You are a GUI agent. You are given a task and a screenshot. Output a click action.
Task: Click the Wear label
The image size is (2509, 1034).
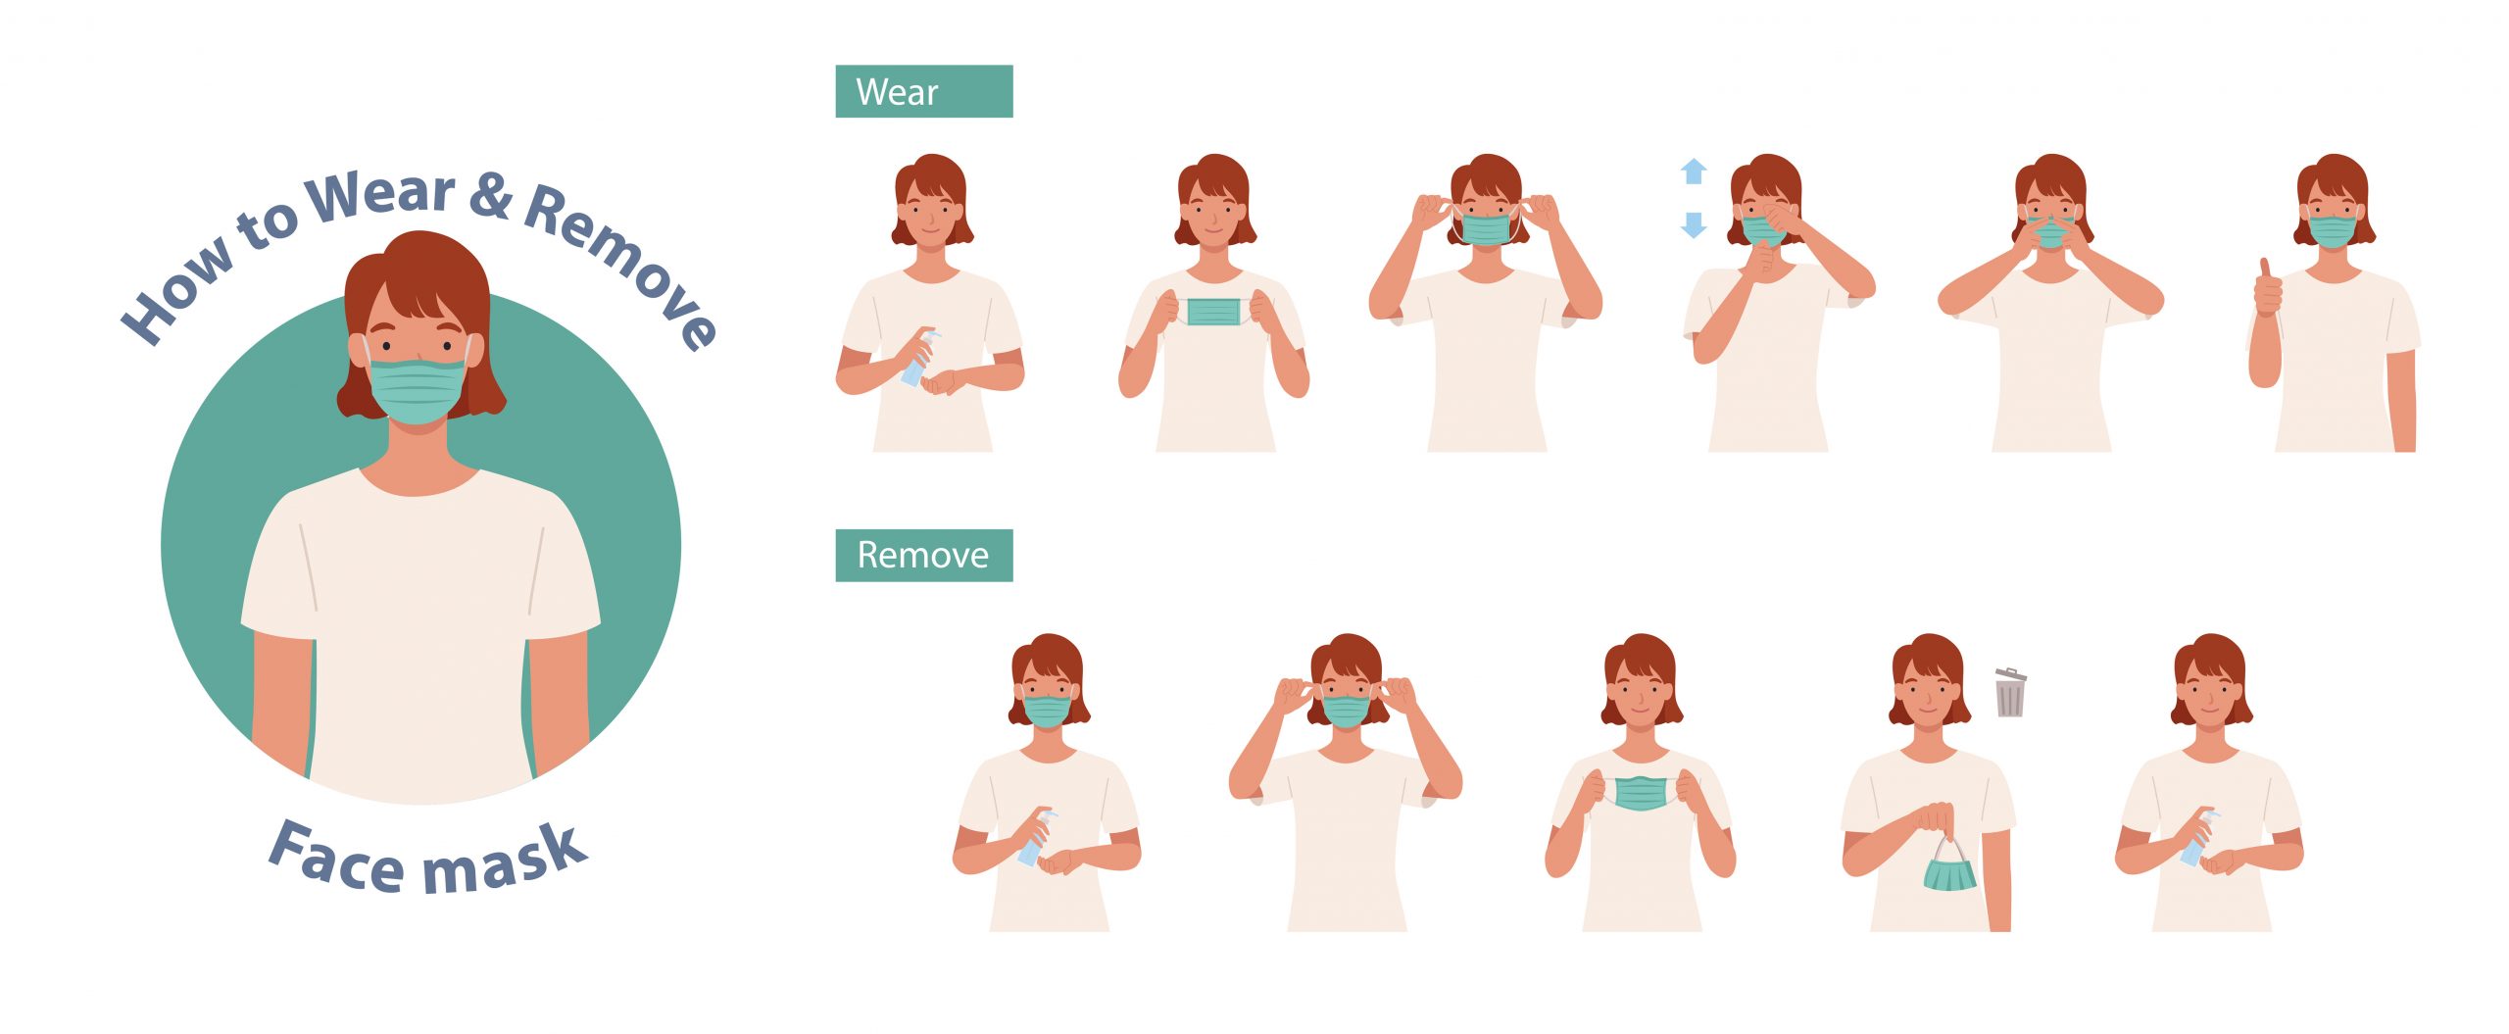click(x=923, y=91)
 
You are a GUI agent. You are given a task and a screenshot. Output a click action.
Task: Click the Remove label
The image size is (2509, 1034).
click(x=923, y=555)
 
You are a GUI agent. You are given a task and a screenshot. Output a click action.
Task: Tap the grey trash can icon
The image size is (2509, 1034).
click(x=2010, y=692)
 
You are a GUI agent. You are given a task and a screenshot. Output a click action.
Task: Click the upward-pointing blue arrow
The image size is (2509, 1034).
click(x=1694, y=172)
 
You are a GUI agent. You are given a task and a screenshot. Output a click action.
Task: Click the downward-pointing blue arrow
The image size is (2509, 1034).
click(x=1694, y=225)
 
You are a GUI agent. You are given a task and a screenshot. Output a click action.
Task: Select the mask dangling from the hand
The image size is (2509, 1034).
click(x=1949, y=866)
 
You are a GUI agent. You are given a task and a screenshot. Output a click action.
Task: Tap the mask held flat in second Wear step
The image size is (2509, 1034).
click(x=1214, y=312)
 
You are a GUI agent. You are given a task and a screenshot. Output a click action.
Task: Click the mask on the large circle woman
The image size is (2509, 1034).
click(x=418, y=390)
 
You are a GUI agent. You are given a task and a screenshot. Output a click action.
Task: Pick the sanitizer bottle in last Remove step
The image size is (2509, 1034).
click(x=2196, y=838)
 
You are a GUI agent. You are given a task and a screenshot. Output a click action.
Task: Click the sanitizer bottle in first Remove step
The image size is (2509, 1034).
click(x=1035, y=838)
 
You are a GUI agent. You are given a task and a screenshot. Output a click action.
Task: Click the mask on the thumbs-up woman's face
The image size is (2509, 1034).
click(x=2333, y=231)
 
